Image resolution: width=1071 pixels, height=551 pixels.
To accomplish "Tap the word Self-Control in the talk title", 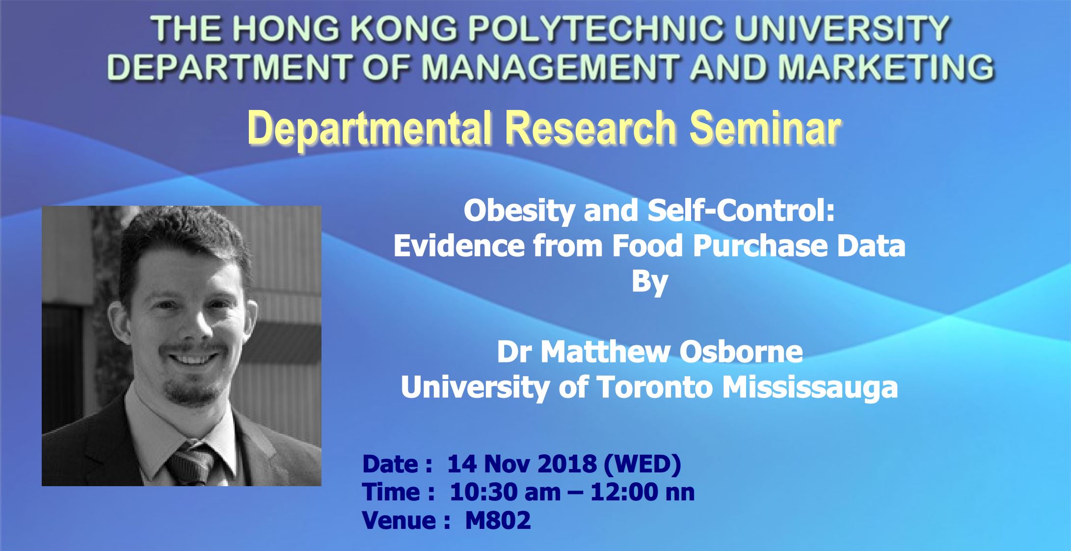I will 741,212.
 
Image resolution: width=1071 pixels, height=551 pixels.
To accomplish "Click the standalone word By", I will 649,281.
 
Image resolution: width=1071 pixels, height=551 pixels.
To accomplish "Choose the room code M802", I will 498,520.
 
